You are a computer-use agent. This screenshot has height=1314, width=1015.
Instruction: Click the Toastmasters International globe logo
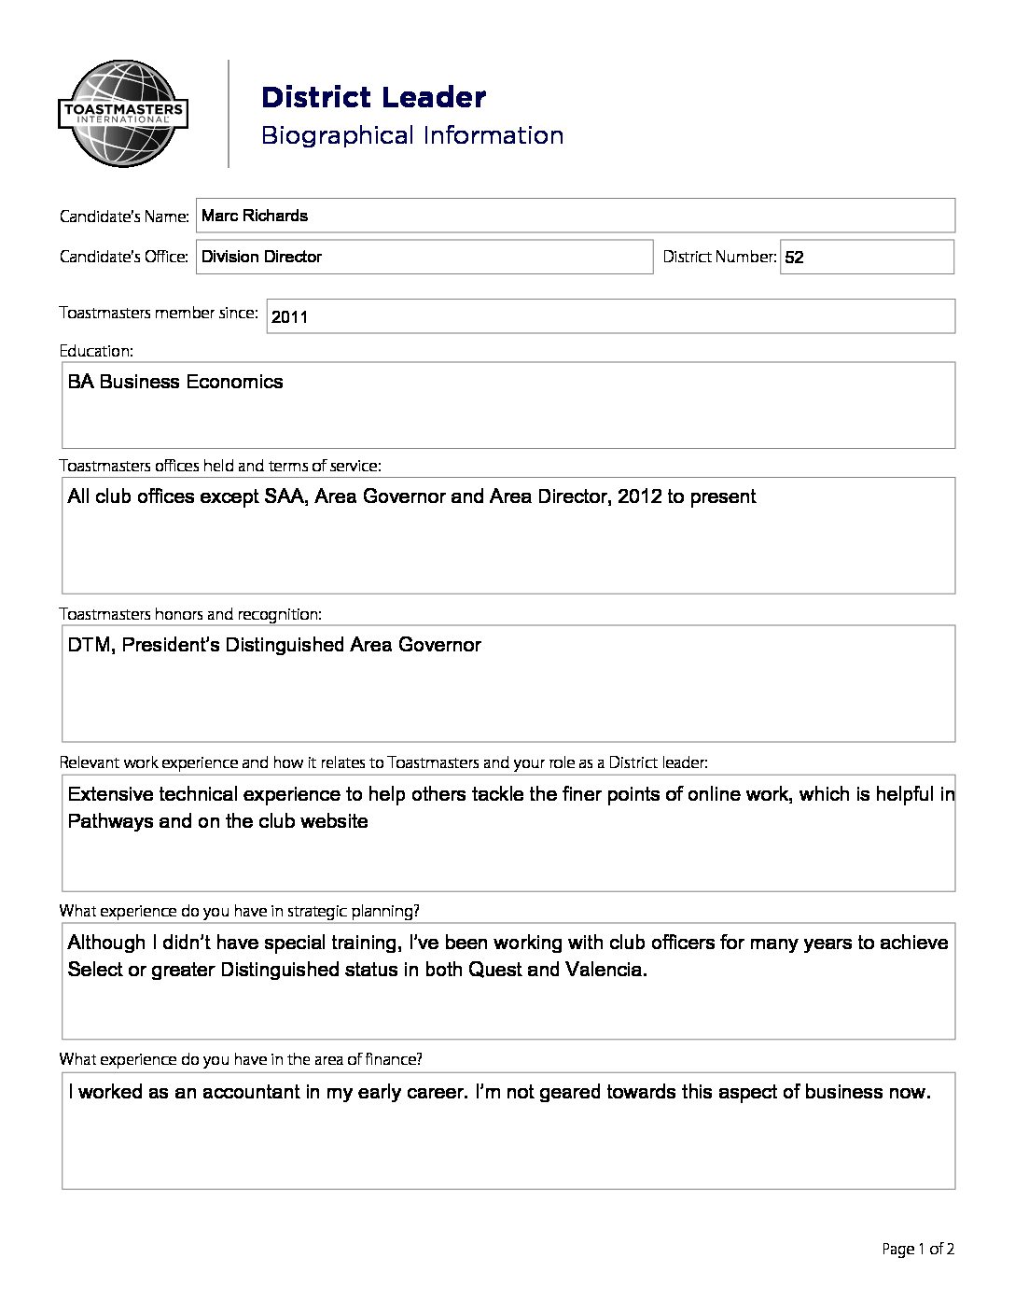[122, 114]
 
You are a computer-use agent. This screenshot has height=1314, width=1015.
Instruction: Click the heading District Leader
[373, 97]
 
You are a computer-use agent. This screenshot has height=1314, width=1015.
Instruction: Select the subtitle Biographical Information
[411, 135]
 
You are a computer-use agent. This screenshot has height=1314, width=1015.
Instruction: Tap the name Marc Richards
[255, 216]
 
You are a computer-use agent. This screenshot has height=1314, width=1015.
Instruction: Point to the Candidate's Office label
[124, 257]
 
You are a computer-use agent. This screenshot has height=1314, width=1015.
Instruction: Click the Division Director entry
[262, 257]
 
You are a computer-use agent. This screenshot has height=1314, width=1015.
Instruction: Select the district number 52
[794, 258]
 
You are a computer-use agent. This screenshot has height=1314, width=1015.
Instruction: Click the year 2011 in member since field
[289, 317]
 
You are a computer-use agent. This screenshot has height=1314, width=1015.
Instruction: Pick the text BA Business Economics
[175, 382]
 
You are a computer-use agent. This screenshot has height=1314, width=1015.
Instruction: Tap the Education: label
[96, 351]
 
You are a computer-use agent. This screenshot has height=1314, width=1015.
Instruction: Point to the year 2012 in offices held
[639, 496]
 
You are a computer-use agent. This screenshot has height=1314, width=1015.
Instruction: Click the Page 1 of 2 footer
[918, 1250]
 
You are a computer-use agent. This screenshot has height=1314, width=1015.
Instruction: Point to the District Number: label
[719, 257]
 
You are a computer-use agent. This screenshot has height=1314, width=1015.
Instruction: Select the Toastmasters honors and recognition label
[190, 614]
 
